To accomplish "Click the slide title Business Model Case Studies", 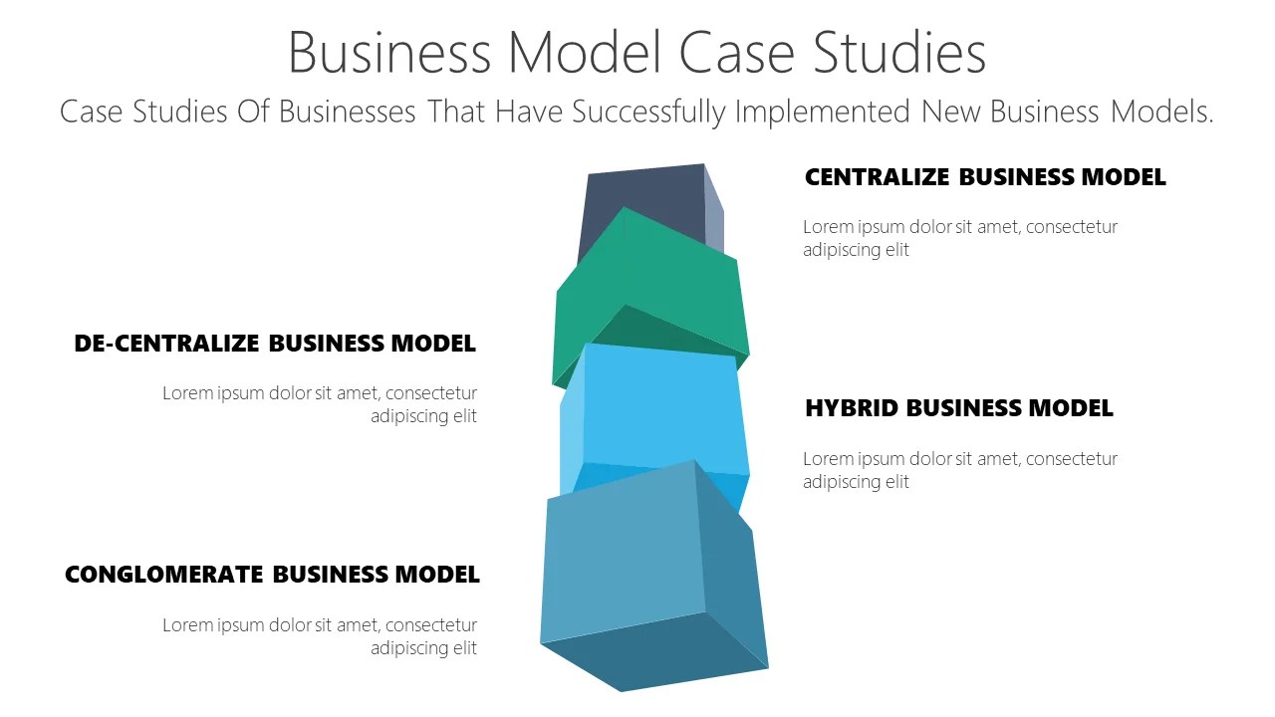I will tap(637, 52).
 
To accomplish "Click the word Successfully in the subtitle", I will tap(648, 112).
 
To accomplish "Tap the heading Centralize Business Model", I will tap(984, 177).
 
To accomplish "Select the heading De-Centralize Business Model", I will tap(275, 344).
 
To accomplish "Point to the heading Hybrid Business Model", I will tap(958, 408).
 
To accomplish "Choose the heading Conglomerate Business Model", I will tap(272, 575).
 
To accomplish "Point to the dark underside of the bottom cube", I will tap(652, 652).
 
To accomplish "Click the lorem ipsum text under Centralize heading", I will tap(959, 238).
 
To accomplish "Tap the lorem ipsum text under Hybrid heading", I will tap(959, 470).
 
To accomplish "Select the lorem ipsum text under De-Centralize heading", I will tap(320, 404).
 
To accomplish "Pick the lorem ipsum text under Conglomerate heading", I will tap(320, 636).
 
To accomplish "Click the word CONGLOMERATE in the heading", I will tap(164, 575).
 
